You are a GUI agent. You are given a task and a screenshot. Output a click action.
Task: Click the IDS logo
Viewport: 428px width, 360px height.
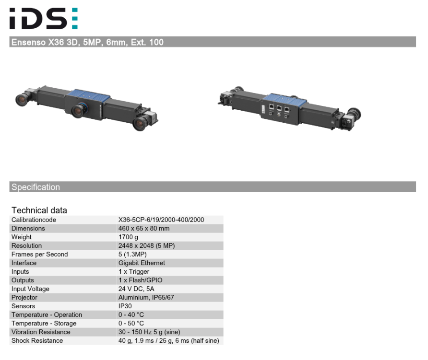[44, 18]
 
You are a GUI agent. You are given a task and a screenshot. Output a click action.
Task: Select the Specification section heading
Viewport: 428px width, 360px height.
[36, 187]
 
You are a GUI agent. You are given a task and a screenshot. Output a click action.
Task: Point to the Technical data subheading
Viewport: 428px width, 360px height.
[39, 210]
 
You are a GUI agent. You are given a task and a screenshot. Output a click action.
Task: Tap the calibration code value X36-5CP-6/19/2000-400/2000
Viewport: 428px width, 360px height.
[161, 220]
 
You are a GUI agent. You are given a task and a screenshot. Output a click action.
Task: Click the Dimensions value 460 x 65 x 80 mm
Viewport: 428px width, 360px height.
[144, 229]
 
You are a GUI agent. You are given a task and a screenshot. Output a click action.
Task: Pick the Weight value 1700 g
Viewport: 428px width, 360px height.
[128, 237]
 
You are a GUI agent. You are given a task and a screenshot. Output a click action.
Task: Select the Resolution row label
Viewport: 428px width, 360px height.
[26, 246]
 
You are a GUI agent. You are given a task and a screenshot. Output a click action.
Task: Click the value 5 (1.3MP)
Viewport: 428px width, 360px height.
[132, 255]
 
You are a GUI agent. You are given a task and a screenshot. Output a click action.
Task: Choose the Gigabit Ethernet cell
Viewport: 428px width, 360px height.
[142, 263]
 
